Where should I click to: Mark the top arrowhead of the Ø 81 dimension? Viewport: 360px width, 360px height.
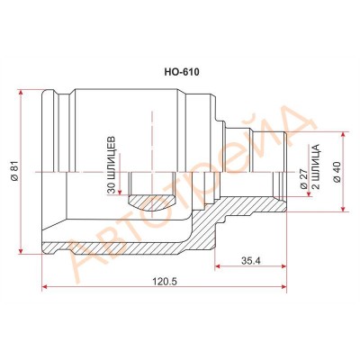coord(22,93)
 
